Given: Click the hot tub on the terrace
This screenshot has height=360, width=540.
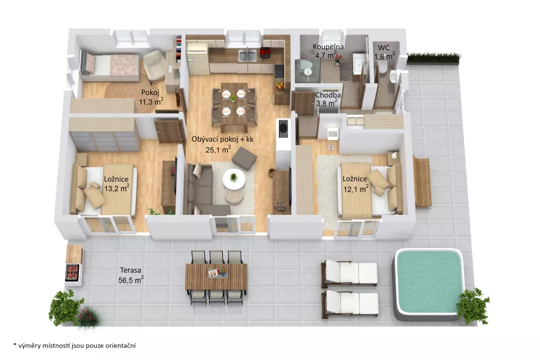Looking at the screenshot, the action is click(x=429, y=284).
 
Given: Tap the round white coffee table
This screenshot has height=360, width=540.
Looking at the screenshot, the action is click(x=234, y=179).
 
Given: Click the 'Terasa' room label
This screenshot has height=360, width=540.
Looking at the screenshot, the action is click(x=130, y=271).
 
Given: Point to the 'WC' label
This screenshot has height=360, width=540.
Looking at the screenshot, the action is click(x=384, y=48).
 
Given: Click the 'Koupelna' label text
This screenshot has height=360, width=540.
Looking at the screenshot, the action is click(x=328, y=47).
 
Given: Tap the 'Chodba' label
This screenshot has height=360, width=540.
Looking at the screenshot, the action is click(x=328, y=95).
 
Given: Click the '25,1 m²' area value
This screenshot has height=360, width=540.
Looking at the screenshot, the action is click(x=218, y=149).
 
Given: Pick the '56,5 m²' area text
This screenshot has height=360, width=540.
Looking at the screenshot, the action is click(x=131, y=280).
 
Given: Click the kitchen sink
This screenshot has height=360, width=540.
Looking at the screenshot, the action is click(x=247, y=56).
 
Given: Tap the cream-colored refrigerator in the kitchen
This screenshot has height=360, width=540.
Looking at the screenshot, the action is click(x=197, y=58).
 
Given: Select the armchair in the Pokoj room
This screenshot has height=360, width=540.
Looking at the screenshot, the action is click(x=154, y=65).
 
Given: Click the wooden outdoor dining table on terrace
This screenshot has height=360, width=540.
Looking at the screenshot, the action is click(x=216, y=277).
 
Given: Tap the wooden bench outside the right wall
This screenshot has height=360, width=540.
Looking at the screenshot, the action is click(x=422, y=181).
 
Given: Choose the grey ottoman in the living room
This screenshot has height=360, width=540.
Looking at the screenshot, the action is click(x=244, y=158).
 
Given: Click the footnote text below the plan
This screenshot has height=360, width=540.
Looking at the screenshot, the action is click(x=74, y=345).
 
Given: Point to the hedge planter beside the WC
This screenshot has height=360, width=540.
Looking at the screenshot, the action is click(x=434, y=58).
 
